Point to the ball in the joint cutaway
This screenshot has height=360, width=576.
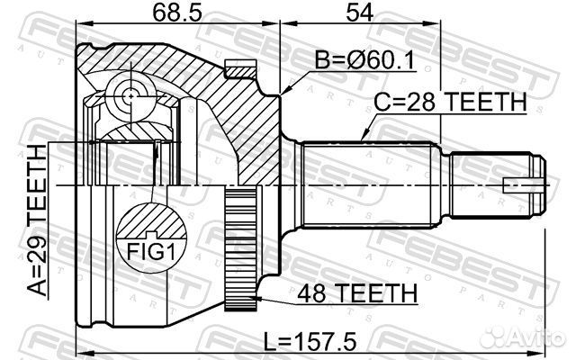pos(131,95)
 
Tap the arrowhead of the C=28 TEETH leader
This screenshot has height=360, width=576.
pos(363,138)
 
